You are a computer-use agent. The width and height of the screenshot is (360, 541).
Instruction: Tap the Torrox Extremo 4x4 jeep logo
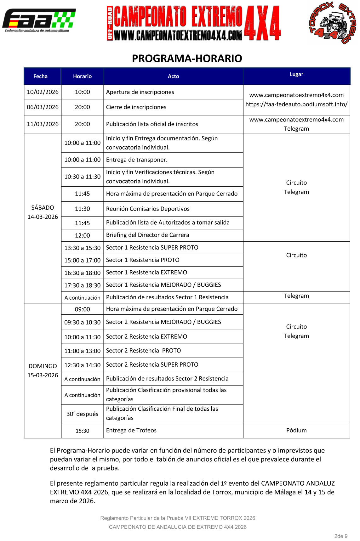click(333, 23)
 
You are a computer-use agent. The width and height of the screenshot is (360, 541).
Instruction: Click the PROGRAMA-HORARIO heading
click(187, 59)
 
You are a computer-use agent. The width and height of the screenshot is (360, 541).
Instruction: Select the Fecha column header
click(40, 76)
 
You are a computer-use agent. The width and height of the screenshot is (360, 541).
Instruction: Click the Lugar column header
click(296, 74)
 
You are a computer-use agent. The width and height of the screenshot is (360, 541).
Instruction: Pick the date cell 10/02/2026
click(43, 92)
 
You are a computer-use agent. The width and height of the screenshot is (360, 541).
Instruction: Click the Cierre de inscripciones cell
click(136, 107)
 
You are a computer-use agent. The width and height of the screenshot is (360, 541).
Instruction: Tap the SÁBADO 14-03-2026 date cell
click(43, 212)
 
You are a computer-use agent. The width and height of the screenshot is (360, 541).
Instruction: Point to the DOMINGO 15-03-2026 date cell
click(43, 370)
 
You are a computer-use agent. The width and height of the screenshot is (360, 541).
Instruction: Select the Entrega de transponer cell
click(137, 160)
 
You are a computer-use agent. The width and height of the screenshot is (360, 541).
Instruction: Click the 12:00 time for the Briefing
click(82, 235)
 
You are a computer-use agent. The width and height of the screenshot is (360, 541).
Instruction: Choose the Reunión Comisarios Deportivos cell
click(148, 209)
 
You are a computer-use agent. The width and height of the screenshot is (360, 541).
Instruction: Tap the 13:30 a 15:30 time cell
click(82, 248)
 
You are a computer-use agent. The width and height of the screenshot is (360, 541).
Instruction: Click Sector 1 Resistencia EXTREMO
click(146, 272)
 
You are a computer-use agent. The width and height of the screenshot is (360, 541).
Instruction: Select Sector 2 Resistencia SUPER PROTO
click(152, 364)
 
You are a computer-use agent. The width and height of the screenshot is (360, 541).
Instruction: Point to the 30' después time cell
click(82, 414)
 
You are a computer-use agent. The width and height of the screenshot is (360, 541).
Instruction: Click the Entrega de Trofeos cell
click(131, 430)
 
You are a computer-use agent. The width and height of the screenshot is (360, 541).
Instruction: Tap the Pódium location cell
click(296, 430)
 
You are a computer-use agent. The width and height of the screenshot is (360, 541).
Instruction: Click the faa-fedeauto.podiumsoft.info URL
click(296, 104)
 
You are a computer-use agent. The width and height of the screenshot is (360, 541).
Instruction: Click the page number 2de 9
click(341, 536)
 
